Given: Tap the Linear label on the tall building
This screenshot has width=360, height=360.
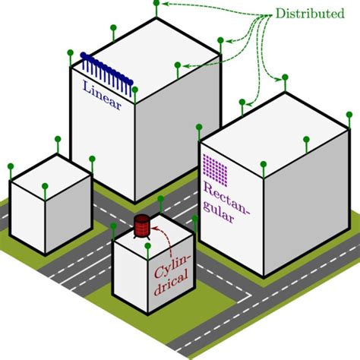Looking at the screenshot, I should [x=101, y=93].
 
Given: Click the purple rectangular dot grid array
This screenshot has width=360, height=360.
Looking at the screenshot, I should [x=216, y=170].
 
